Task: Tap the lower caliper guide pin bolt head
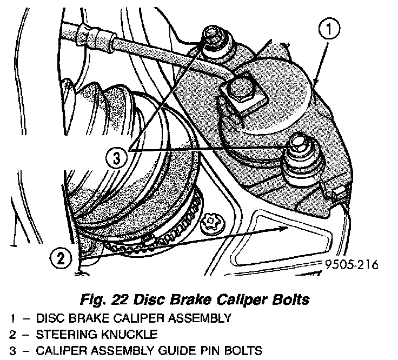pos(298,144)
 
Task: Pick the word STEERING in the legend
pos(70,334)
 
